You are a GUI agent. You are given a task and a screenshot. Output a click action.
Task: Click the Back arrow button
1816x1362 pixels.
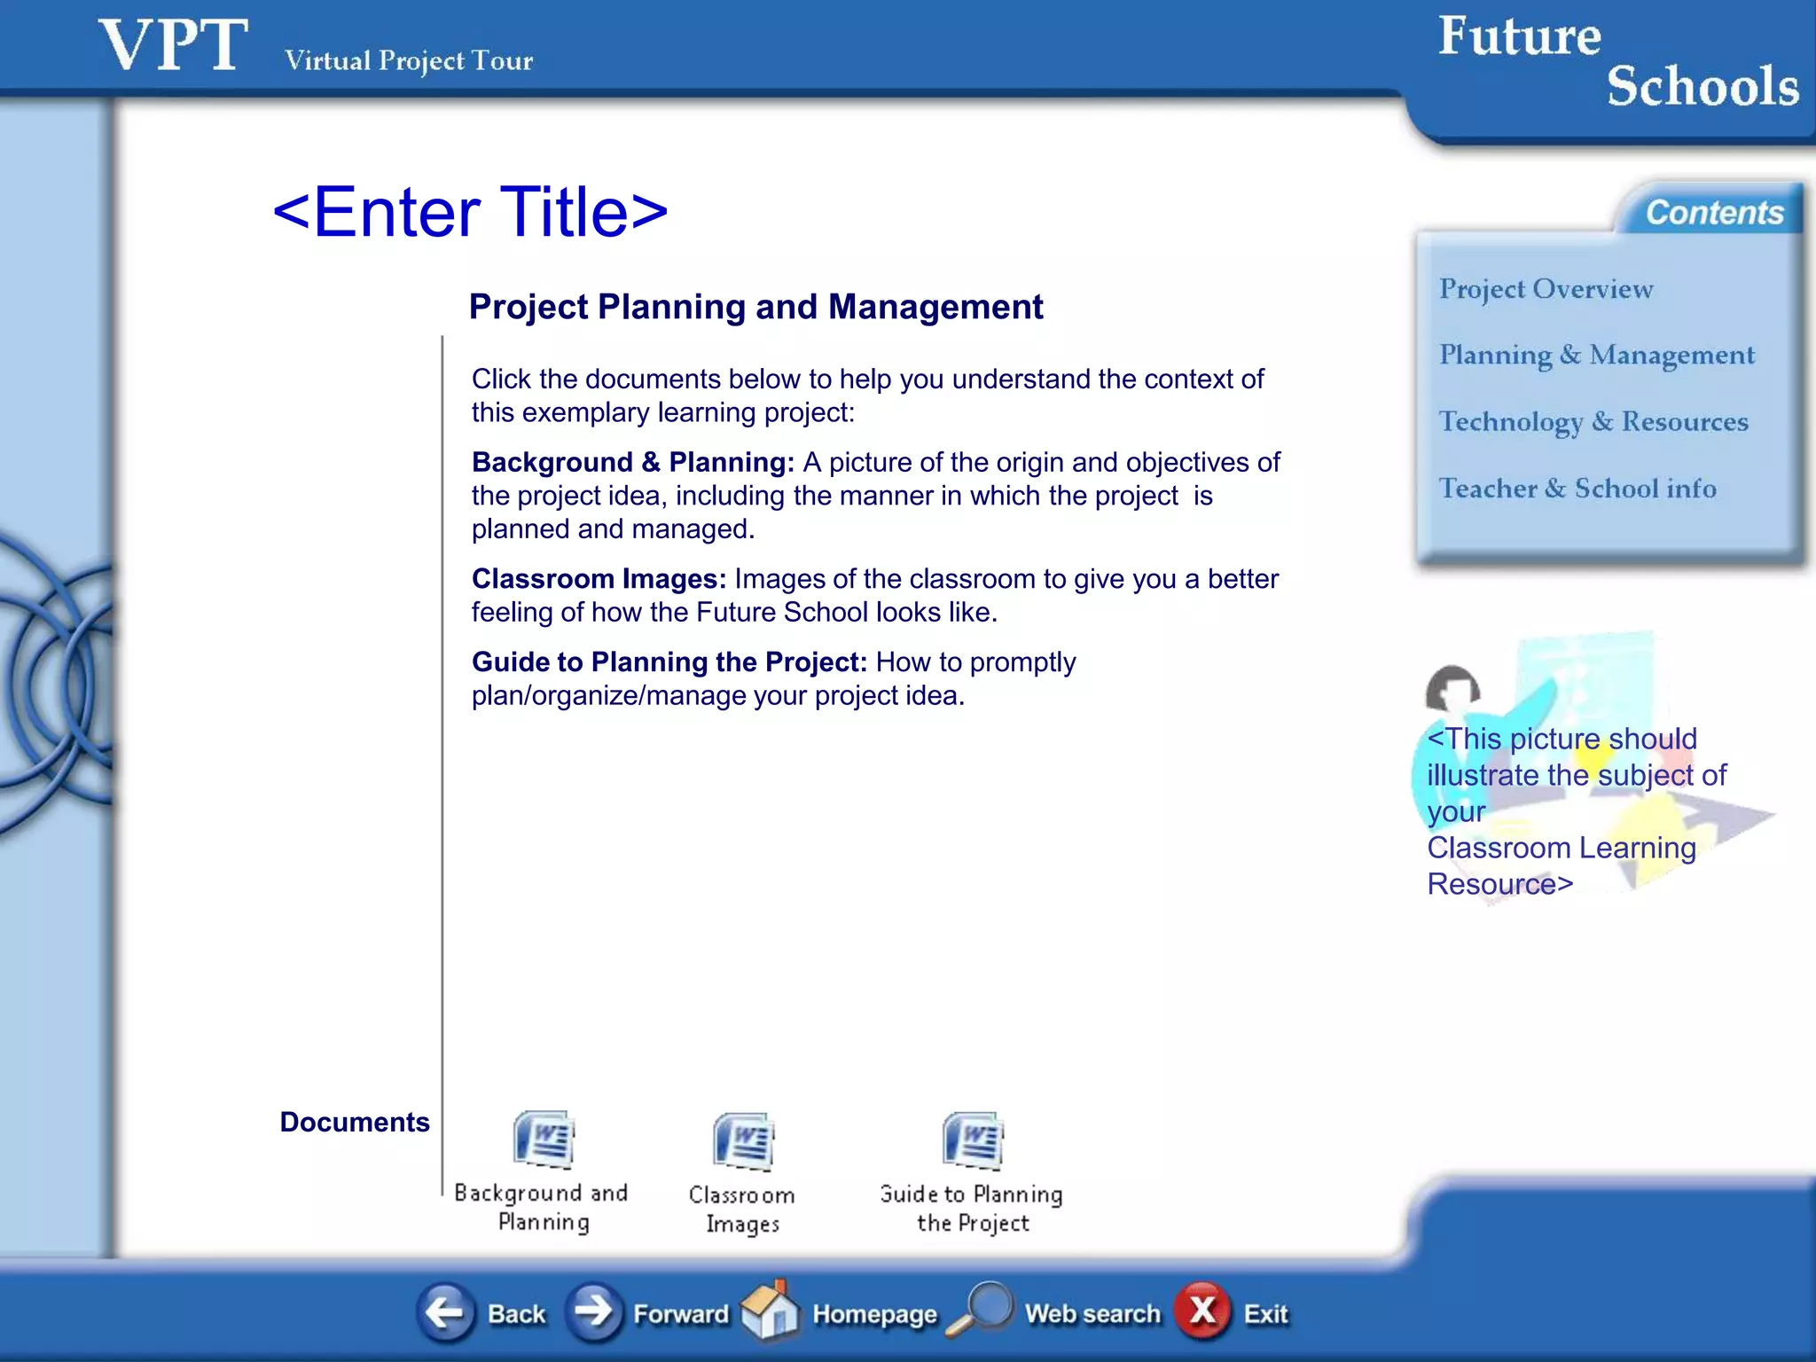click(445, 1312)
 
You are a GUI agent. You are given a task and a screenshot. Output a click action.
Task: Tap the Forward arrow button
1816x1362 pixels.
click(594, 1312)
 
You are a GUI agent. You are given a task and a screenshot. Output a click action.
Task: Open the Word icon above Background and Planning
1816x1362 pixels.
click(543, 1139)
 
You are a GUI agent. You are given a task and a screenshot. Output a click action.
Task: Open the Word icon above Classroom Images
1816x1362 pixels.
click(743, 1141)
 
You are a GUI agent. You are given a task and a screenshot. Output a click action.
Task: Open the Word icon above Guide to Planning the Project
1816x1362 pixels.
click(973, 1140)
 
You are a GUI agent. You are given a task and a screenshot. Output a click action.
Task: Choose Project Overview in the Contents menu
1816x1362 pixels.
click(1546, 289)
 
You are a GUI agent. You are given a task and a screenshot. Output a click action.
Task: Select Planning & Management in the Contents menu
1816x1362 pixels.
click(1596, 356)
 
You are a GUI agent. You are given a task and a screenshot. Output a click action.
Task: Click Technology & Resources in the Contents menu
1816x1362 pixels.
click(1593, 422)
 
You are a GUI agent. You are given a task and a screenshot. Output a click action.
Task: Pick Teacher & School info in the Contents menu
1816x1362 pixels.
click(1577, 489)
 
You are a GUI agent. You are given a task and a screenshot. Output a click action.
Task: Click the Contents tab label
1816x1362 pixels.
click(1714, 213)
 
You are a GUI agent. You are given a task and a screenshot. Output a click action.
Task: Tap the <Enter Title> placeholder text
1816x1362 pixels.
click(470, 212)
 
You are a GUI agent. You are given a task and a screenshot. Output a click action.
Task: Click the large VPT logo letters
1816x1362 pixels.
click(173, 46)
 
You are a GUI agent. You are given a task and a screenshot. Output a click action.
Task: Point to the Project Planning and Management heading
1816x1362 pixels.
click(755, 307)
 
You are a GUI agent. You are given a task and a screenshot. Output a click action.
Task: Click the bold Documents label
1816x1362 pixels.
click(355, 1122)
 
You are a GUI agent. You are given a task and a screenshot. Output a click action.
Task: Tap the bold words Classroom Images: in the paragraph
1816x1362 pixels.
click(599, 579)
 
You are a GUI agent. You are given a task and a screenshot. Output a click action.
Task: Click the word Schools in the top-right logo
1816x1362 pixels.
click(1702, 87)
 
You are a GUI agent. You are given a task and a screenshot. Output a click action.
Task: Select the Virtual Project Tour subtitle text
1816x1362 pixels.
click(408, 60)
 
